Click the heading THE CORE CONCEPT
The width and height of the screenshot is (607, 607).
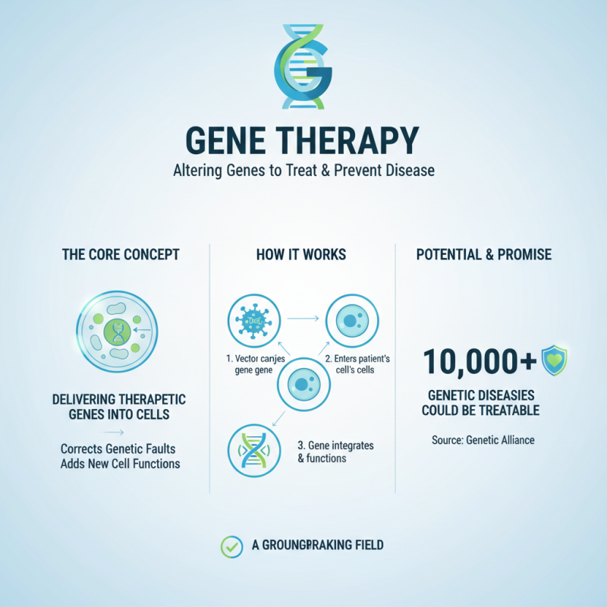[121, 254]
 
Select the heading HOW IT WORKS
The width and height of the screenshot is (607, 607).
[302, 254]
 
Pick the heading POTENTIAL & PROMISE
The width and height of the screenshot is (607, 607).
[484, 254]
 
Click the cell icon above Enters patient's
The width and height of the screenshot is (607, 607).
[351, 321]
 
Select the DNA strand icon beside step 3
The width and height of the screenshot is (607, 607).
[253, 451]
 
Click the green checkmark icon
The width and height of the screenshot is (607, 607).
[230, 545]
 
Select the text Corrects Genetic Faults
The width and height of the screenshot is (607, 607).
[120, 448]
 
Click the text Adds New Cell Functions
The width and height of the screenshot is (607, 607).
[120, 463]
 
